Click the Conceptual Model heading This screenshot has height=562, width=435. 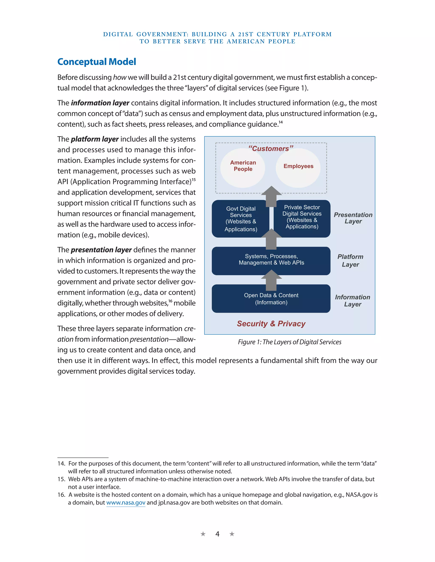tap(97, 62)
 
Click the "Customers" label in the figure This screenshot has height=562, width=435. tap(271, 148)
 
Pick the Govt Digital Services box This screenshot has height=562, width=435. tap(240, 219)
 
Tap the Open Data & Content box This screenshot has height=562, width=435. tap(271, 299)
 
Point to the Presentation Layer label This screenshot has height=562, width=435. tap(353, 218)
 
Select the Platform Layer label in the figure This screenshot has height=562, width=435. tap(350, 260)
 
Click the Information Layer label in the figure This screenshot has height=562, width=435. tap(352, 301)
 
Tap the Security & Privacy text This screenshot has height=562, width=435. tap(271, 323)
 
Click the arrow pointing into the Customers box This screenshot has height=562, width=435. tap(271, 196)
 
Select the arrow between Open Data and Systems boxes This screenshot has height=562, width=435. tap(271, 280)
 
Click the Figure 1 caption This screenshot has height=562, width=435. tap(290, 342)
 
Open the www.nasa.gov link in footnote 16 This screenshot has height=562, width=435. tap(126, 503)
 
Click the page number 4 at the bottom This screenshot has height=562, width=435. tap(217, 534)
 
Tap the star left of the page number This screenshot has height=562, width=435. tap(203, 534)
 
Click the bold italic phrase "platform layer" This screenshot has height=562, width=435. tap(95, 139)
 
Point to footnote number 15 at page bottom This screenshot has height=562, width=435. tap(61, 479)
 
